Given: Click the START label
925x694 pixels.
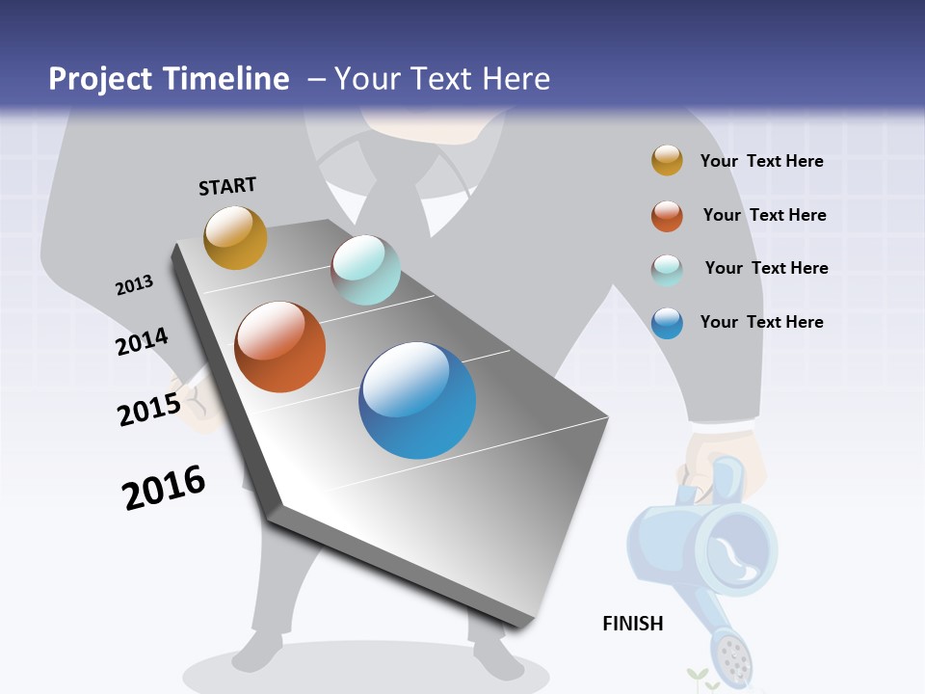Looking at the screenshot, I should click(227, 186).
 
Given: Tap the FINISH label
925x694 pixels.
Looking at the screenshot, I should click(633, 624).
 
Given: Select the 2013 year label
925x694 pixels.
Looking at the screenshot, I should click(134, 285).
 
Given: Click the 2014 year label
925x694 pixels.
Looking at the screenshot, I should click(142, 342).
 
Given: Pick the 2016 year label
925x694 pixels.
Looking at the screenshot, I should click(164, 488).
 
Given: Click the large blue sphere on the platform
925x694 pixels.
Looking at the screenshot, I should click(417, 400).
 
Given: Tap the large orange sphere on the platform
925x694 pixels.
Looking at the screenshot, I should click(280, 347).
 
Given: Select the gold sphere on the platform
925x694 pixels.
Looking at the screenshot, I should click(235, 237).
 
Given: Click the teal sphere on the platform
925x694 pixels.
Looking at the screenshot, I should click(365, 270).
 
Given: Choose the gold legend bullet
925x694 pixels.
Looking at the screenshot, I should click(667, 161).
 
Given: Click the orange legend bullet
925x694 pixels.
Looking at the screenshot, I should click(667, 216).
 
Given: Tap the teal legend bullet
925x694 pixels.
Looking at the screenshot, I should click(667, 270).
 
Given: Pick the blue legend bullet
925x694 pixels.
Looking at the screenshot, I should click(667, 323).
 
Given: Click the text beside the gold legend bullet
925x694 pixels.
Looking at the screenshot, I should click(761, 161).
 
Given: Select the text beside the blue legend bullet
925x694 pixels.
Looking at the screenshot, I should click(761, 322).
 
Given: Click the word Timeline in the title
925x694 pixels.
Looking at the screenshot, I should click(226, 79).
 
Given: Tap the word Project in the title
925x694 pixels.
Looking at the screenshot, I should click(101, 79).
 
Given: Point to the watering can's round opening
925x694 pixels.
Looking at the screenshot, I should click(736, 551).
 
